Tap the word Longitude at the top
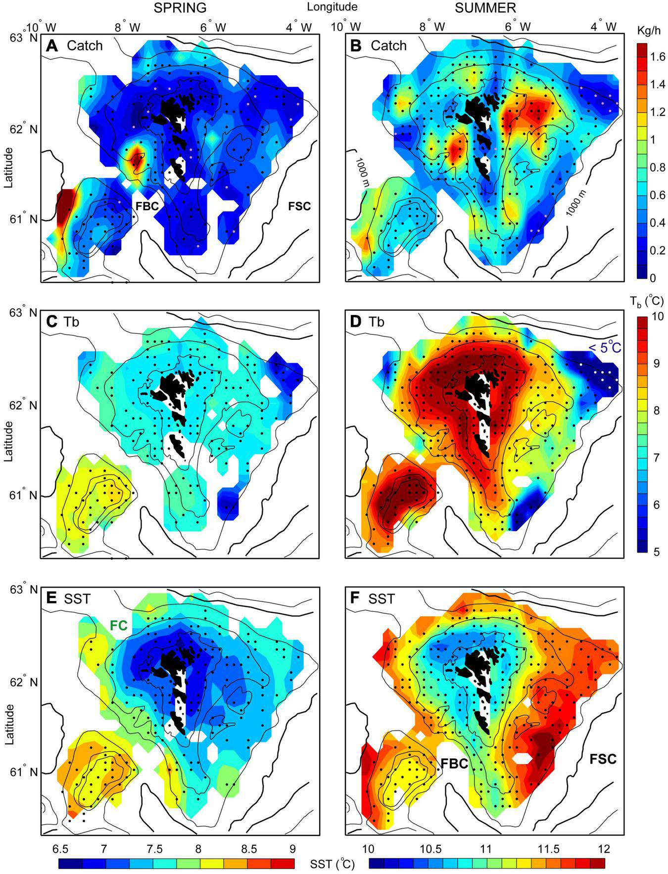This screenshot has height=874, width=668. [x=332, y=7]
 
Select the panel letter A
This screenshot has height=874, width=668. [x=52, y=46]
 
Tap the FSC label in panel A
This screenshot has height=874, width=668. [x=299, y=206]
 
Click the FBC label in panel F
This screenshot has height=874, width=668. [x=454, y=763]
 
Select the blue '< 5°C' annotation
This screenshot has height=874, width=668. [x=604, y=348]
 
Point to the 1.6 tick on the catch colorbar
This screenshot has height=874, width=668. [x=658, y=57]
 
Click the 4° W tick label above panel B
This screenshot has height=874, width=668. [x=605, y=26]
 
